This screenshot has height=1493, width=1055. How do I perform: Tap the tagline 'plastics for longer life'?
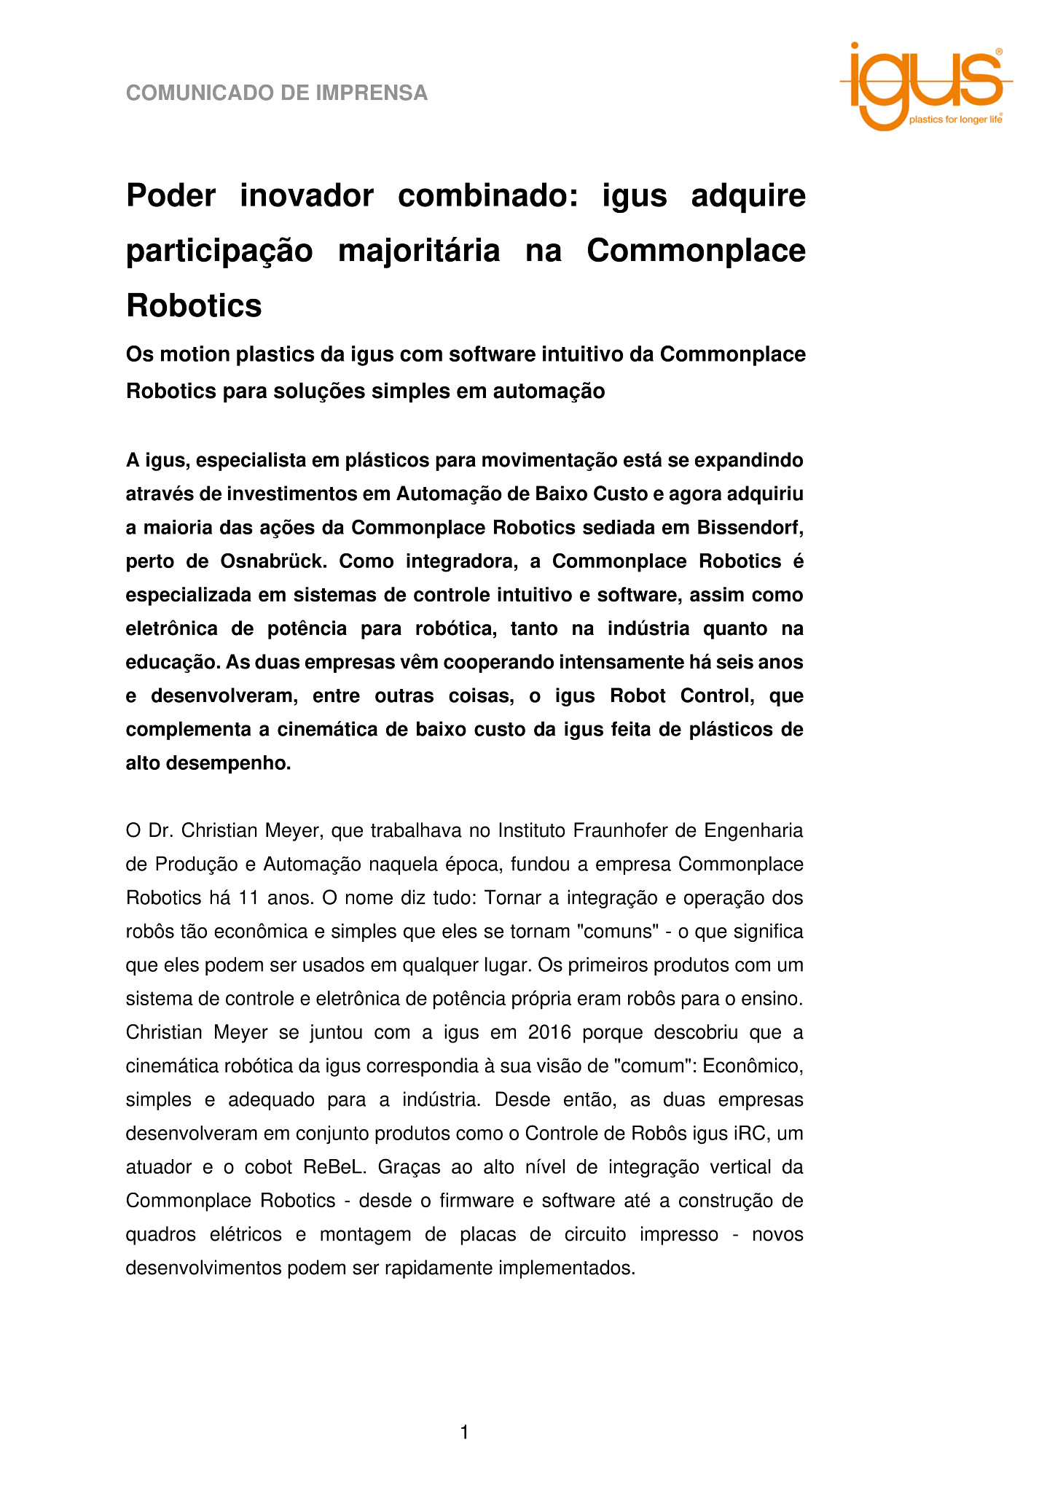pyautogui.click(x=954, y=120)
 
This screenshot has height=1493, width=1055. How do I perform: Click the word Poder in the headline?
pyautogui.click(x=171, y=195)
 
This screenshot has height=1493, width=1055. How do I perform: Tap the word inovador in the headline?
pyautogui.click(x=307, y=195)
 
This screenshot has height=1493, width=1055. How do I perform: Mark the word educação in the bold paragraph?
pyautogui.click(x=172, y=662)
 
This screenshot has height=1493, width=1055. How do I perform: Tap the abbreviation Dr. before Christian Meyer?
pyautogui.click(x=160, y=830)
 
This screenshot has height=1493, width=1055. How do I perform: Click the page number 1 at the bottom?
pyautogui.click(x=464, y=1433)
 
